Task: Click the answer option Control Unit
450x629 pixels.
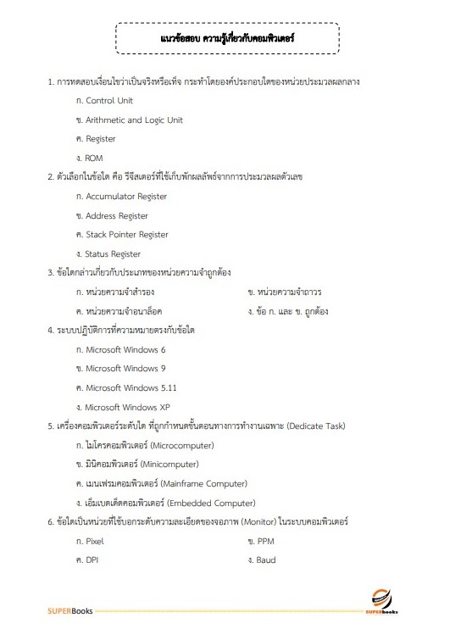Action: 109,101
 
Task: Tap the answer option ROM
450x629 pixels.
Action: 93,158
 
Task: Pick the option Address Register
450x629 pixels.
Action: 117,216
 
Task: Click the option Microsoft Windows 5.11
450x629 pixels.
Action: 131,387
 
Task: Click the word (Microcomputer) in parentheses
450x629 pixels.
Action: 181,445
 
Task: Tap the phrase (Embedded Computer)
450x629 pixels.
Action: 204,503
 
